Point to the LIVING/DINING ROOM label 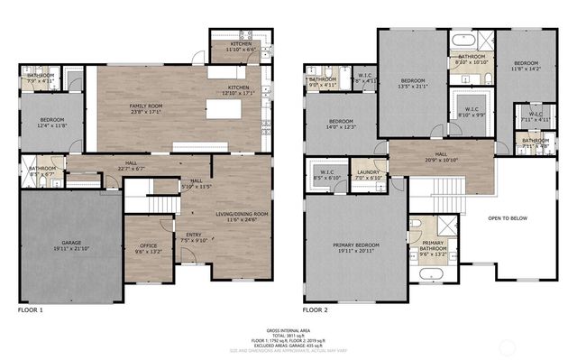[243, 214]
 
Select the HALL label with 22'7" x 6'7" [132, 164]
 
